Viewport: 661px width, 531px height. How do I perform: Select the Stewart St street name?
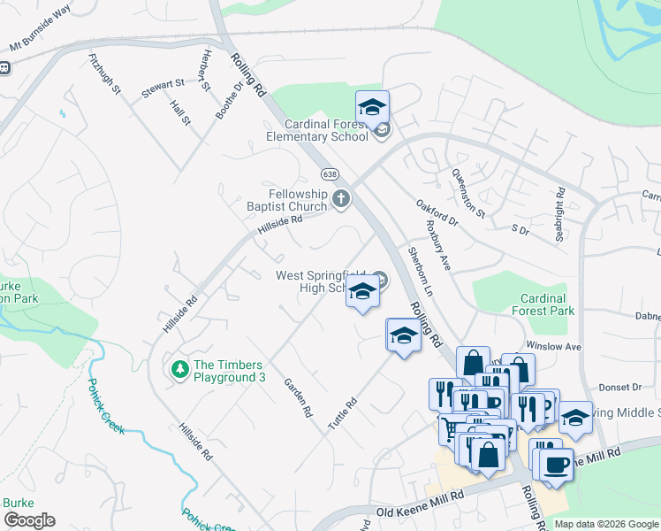click(163, 88)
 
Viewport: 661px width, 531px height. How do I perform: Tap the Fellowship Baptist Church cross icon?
click(342, 200)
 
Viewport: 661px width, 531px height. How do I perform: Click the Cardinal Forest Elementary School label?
click(318, 131)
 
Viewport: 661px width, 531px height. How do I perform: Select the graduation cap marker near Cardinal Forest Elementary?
click(372, 108)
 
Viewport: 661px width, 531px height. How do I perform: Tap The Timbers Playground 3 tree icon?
click(179, 367)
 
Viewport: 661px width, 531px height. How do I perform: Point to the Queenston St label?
click(468, 194)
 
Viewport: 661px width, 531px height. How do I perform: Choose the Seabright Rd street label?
click(560, 204)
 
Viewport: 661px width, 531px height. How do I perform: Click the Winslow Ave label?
click(553, 345)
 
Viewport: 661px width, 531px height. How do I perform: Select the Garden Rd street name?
click(298, 398)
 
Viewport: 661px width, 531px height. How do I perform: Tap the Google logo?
click(29, 520)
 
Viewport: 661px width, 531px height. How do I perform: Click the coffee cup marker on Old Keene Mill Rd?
click(556, 464)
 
